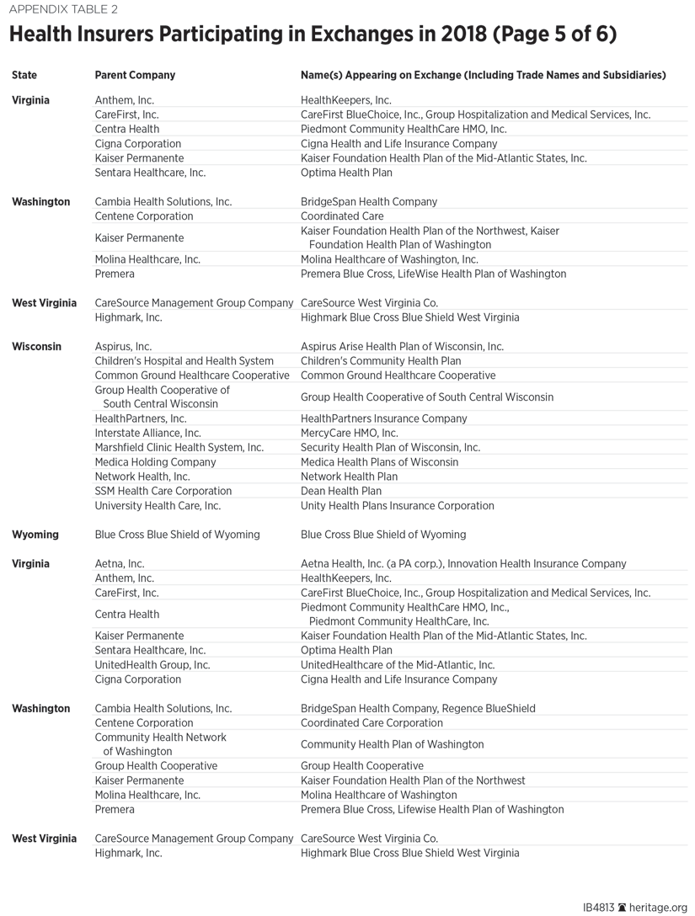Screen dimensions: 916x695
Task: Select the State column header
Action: tap(24, 75)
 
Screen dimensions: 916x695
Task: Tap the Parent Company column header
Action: tap(135, 75)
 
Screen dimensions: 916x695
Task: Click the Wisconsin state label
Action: tap(36, 346)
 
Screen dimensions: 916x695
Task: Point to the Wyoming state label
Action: tap(35, 535)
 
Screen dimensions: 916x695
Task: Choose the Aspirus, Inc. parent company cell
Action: tap(123, 346)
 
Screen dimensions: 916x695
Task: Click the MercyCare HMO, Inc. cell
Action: tap(350, 433)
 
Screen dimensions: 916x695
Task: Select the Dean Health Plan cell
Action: tap(341, 491)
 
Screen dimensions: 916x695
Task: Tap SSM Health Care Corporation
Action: tap(163, 491)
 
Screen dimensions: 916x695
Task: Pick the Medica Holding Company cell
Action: tap(155, 462)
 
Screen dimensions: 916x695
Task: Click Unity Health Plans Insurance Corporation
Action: tap(398, 506)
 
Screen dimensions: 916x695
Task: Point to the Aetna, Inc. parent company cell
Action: tap(120, 564)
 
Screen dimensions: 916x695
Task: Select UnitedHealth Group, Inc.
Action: tap(152, 665)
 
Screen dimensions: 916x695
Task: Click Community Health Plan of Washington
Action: tap(393, 744)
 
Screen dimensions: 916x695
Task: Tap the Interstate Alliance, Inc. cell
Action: tap(148, 433)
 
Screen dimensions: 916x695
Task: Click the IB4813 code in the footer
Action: tap(599, 908)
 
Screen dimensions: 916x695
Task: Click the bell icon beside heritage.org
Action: tap(623, 908)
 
